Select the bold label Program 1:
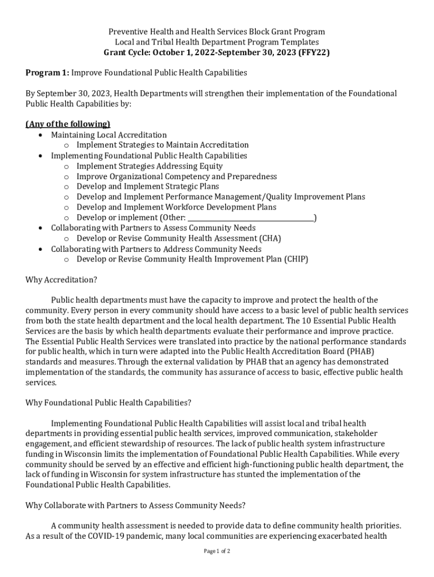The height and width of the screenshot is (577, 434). [x=47, y=73]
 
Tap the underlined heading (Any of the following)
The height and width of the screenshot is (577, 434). [x=68, y=124]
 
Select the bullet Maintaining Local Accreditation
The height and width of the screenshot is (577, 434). [x=109, y=135]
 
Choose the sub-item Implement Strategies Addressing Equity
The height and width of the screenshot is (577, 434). [x=149, y=166]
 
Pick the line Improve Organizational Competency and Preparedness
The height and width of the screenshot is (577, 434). [x=176, y=176]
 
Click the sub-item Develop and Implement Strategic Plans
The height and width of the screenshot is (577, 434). [x=148, y=187]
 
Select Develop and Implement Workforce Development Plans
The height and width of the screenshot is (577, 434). [x=176, y=207]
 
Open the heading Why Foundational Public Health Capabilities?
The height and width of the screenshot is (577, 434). [x=109, y=403]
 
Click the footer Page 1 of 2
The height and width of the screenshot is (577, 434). [x=217, y=551]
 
